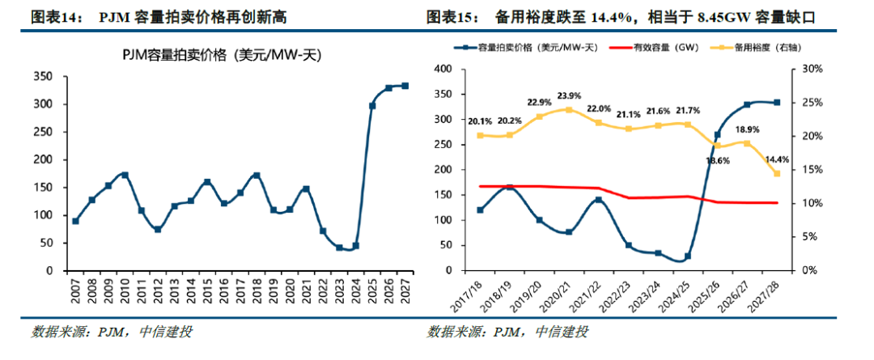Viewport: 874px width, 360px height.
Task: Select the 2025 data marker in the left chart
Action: tap(371, 106)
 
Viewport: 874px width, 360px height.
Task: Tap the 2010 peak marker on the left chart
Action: tap(125, 175)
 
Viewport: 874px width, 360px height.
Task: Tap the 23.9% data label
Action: tap(567, 95)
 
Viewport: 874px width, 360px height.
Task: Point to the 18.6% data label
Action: tap(717, 161)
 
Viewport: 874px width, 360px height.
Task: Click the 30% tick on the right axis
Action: tap(812, 70)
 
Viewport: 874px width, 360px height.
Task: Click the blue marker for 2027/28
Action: tap(776, 103)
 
